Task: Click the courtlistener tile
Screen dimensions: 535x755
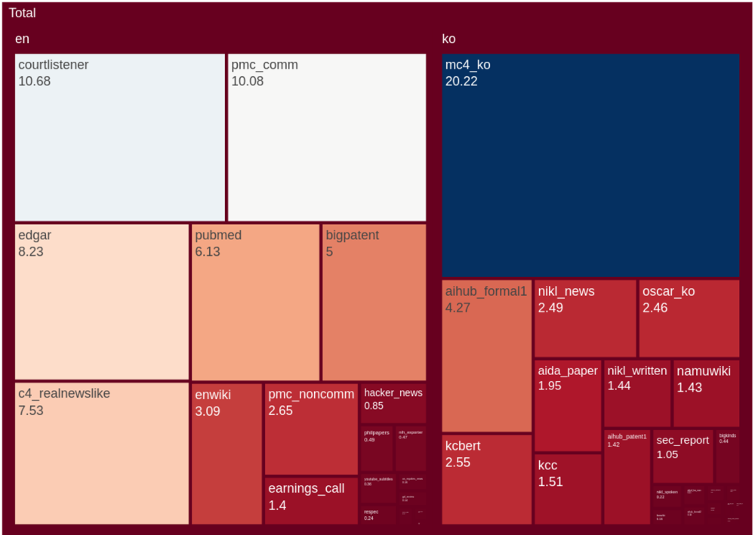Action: [120, 137]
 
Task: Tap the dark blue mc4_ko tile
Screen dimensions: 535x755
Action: [590, 165]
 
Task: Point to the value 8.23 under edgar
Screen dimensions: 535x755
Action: [31, 252]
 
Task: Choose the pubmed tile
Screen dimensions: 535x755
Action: [255, 302]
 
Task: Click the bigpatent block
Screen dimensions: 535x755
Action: [374, 302]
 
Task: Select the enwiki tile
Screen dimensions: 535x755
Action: [226, 454]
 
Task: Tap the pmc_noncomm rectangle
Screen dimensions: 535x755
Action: [311, 429]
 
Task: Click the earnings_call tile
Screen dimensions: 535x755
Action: [311, 500]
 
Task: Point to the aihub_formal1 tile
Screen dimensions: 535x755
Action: [487, 355]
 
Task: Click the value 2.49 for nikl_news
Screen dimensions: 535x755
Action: [550, 308]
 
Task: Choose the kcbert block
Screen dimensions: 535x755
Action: [487, 479]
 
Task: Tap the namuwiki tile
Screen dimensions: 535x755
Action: [706, 393]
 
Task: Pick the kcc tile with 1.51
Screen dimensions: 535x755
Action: [568, 489]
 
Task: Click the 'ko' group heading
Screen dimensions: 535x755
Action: [448, 39]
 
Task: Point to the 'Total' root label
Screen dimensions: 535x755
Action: [22, 13]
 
